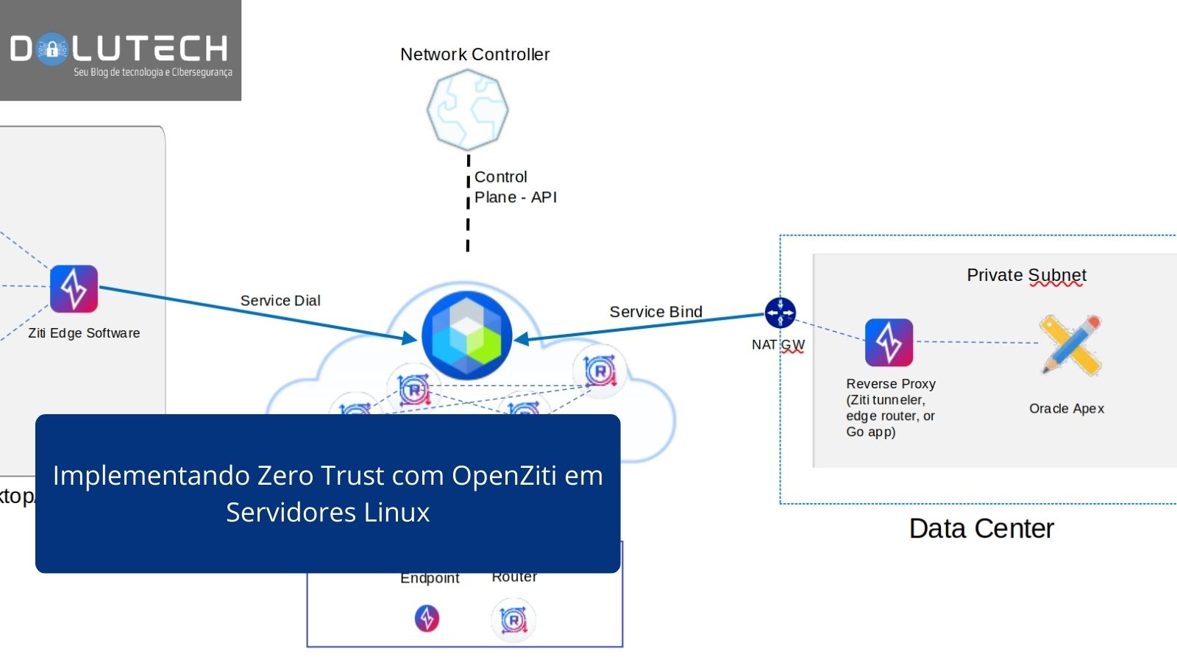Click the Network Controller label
click(474, 54)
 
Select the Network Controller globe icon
click(468, 110)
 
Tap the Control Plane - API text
click(515, 187)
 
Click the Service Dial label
click(280, 300)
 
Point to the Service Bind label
click(655, 312)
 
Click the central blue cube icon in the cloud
click(466, 335)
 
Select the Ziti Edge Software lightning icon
click(74, 288)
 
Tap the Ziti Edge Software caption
click(84, 333)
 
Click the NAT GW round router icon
click(780, 313)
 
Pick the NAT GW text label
click(778, 344)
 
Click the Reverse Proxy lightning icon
click(889, 342)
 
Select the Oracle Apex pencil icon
click(1071, 344)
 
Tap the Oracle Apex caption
click(1066, 408)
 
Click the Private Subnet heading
click(1025, 275)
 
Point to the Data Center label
click(981, 528)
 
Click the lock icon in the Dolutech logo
click(51, 50)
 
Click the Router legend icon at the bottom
click(513, 620)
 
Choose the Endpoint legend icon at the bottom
click(427, 618)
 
